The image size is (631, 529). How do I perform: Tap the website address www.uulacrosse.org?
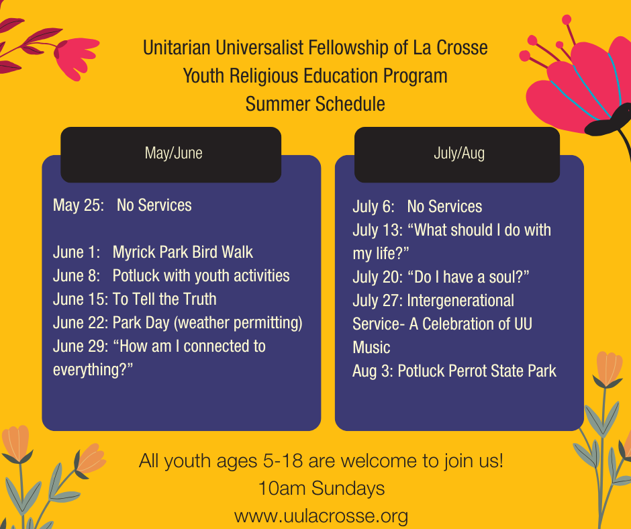321,516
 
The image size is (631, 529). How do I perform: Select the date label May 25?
79,205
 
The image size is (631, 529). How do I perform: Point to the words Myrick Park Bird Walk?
183,252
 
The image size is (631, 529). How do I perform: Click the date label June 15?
81,299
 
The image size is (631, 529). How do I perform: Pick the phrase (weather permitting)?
238,324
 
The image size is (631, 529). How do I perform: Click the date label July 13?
377,230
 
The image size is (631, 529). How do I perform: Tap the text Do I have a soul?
469,277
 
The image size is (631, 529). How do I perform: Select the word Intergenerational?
460,301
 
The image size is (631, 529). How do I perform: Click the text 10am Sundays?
321,488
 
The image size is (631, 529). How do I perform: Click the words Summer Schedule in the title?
315,104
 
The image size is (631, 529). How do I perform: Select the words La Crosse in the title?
450,48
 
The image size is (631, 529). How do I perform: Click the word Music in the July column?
371,348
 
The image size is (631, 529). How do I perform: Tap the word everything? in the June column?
93,370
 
